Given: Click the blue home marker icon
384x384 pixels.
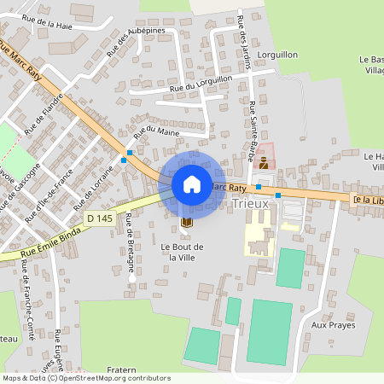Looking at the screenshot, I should click(192, 183).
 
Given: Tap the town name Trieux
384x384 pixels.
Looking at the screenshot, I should click(250, 204).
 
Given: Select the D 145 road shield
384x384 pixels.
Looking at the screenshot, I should click(99, 219).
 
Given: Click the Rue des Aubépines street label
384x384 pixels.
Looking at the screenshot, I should click(136, 42).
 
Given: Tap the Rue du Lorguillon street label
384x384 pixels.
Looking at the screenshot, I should click(201, 83).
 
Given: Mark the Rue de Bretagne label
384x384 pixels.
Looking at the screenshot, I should click(131, 241).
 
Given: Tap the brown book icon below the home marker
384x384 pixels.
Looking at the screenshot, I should click(186, 222).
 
